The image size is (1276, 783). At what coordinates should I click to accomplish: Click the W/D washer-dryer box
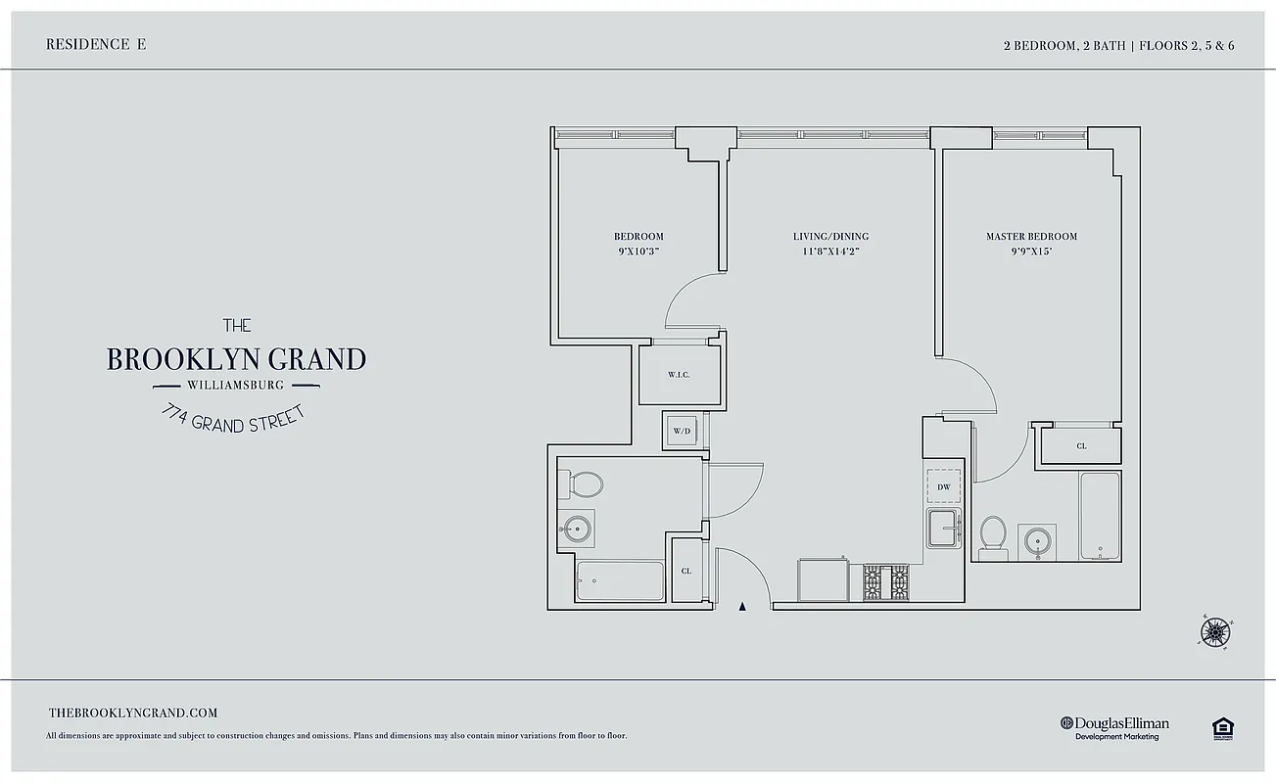click(681, 431)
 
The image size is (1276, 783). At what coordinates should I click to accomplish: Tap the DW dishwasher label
click(944, 486)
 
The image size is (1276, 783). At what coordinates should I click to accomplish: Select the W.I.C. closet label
click(679, 374)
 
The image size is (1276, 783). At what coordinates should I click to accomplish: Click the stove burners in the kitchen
click(886, 583)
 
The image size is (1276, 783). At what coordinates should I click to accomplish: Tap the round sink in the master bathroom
click(1037, 539)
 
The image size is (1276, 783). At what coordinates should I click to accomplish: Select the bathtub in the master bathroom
click(1100, 516)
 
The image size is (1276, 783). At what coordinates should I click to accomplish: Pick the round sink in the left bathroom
click(577, 529)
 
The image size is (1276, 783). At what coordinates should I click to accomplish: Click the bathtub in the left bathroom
click(620, 581)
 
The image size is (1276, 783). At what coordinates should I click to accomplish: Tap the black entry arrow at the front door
click(741, 607)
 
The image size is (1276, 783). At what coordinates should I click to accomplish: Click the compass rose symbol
click(1214, 632)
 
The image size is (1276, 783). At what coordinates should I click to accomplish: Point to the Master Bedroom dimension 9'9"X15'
click(1031, 251)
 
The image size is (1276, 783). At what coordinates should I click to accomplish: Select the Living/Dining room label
click(830, 236)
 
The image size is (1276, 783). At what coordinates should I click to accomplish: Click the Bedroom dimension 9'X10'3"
click(638, 251)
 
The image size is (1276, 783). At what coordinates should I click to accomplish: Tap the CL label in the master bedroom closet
click(1081, 446)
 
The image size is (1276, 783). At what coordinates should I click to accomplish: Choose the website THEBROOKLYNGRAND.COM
click(132, 714)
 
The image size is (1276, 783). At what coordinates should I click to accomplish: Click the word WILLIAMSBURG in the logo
click(235, 385)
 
